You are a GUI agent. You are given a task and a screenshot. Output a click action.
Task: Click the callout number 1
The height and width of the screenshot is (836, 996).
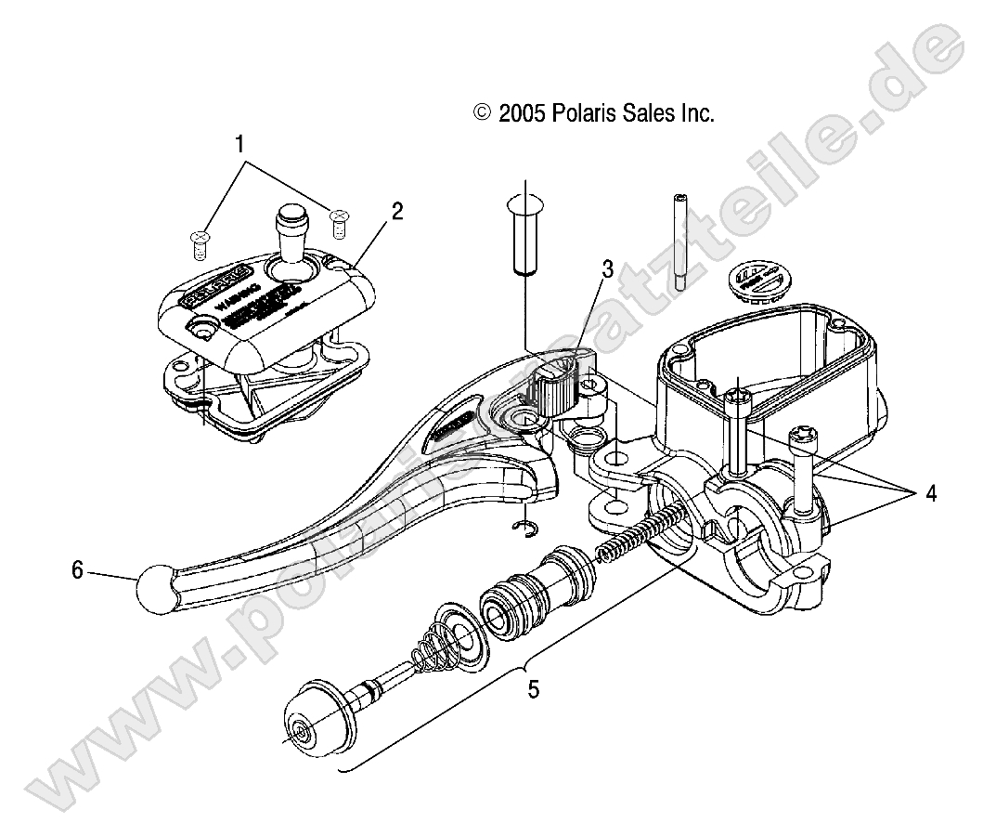click(x=239, y=145)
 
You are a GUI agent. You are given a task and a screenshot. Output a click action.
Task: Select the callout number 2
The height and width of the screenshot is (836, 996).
click(x=397, y=212)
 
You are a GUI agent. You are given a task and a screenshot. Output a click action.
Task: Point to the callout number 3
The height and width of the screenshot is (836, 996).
click(x=607, y=269)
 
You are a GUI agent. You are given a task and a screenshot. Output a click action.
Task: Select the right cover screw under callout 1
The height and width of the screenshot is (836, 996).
click(x=339, y=219)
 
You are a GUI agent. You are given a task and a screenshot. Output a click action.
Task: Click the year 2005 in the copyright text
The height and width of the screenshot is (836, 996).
click(x=523, y=113)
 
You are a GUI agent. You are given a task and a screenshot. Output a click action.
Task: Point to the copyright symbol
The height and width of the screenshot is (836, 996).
click(x=481, y=113)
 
